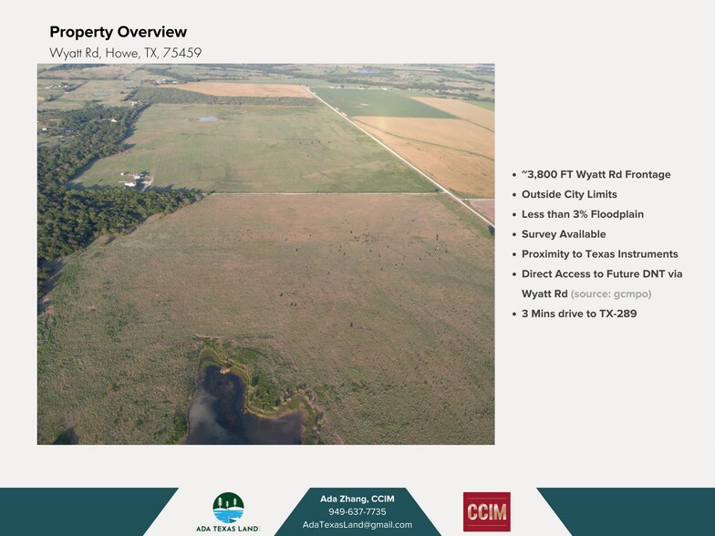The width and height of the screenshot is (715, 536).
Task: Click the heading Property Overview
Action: pos(118,33)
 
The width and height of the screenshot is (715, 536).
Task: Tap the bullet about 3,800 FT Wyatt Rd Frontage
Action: pos(596,174)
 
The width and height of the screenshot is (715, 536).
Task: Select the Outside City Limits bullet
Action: pos(569,194)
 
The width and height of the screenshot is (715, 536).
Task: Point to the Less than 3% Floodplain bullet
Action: pos(582,214)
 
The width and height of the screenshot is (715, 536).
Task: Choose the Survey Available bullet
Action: pos(564,234)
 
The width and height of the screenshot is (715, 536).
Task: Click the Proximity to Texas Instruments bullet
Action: pos(599,254)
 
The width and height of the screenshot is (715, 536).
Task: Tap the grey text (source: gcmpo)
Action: pos(611,294)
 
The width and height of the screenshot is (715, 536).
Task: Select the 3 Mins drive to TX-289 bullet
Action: pos(579,314)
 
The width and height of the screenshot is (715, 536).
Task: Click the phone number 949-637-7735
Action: pos(357,511)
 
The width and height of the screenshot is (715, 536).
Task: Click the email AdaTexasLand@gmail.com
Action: pos(357,525)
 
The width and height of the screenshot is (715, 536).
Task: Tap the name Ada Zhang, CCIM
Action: pos(357,499)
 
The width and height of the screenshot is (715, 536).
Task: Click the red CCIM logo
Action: pos(486,511)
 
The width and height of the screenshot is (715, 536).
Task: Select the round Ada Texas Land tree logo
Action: pos(228,508)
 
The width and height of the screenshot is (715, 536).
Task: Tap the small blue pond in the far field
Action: pos(209,119)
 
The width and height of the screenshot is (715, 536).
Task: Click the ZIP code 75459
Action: pos(182,53)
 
